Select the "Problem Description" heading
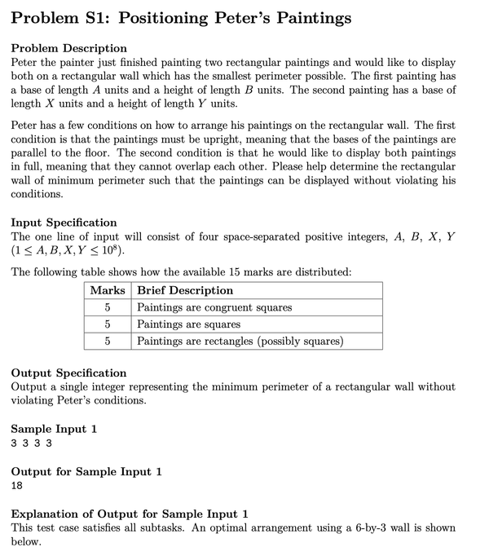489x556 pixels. (68, 48)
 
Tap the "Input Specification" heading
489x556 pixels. (64, 223)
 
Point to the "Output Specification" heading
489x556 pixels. (68, 373)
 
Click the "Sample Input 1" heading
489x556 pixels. (53, 429)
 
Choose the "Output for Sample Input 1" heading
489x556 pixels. (86, 471)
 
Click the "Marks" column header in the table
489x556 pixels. (107, 290)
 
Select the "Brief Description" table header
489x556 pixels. (185, 290)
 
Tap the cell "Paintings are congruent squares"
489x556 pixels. (214, 307)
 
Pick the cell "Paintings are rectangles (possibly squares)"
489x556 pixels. (240, 341)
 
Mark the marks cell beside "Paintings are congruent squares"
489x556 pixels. (107, 307)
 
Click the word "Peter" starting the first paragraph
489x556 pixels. (26, 63)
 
